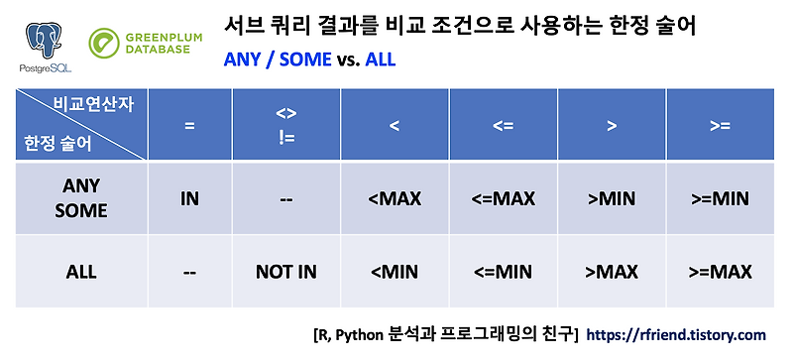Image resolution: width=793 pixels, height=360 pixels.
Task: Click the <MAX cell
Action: click(394, 198)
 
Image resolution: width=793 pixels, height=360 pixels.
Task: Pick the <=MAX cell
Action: click(502, 198)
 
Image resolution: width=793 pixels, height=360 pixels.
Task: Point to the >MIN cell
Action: click(612, 198)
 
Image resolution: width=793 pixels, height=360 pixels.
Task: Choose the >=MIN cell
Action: click(719, 198)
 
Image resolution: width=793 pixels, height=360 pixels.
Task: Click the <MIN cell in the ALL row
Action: click(394, 271)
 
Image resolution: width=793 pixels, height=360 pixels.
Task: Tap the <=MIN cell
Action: click(502, 271)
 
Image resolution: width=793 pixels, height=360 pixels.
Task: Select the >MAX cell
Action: click(612, 271)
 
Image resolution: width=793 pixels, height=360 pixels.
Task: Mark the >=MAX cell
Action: click(719, 271)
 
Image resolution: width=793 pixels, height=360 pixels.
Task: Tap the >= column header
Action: click(719, 126)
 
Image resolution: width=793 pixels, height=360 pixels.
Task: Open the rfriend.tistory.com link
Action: click(678, 335)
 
